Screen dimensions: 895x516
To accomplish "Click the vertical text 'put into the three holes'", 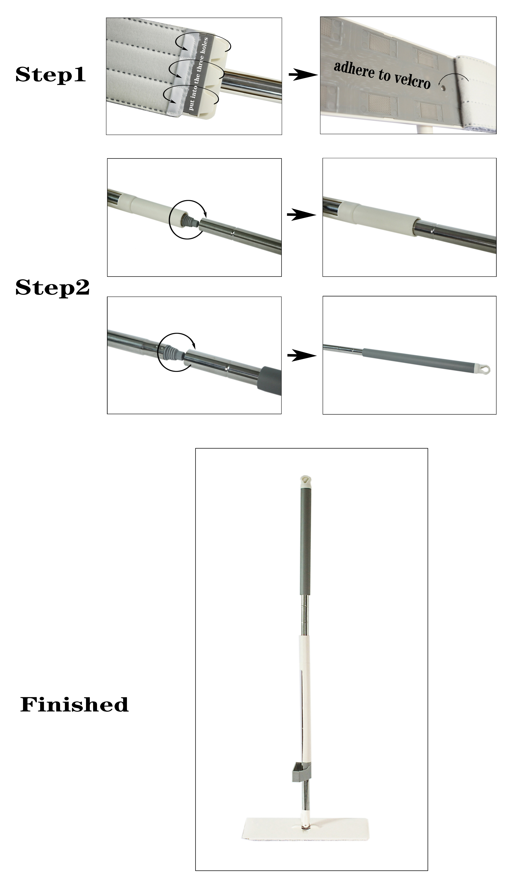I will tap(198, 74).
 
